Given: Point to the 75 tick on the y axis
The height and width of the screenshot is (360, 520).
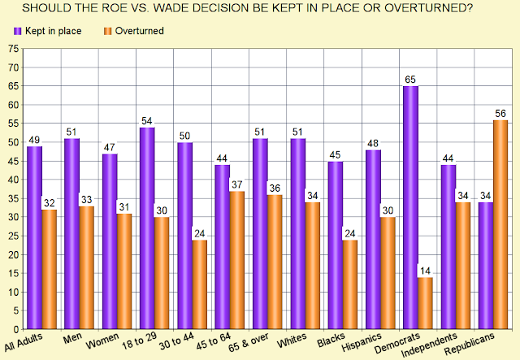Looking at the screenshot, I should pos(13,49).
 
